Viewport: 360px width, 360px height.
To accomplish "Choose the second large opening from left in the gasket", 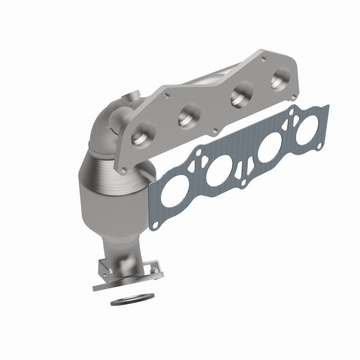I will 219,170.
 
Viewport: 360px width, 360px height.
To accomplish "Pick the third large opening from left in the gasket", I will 268,148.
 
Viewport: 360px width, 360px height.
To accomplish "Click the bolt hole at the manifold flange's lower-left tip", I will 122,170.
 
